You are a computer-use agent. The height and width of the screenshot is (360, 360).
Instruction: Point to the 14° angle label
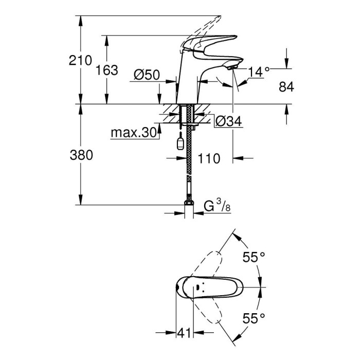click(x=259, y=72)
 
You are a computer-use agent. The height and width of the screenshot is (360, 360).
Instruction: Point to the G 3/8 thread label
click(x=216, y=207)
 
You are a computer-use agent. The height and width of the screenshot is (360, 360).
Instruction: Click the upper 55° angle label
click(x=254, y=258)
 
